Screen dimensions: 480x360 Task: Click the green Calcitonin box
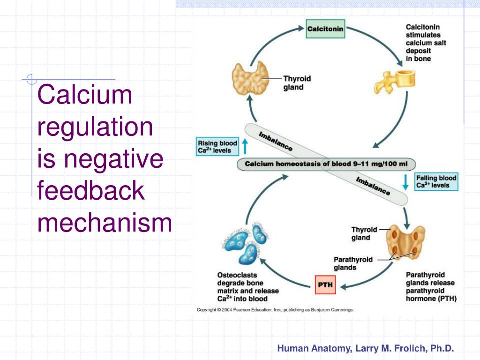tap(325, 29)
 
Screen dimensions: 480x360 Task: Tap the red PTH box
tap(325, 285)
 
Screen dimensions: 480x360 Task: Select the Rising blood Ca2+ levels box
tap(217, 147)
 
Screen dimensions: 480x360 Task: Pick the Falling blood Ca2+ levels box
tap(436, 181)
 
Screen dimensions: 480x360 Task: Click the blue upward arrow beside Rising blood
tap(245, 146)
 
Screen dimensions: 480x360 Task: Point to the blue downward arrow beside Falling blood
tap(405, 182)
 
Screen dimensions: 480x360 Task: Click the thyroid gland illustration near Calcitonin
tap(250, 78)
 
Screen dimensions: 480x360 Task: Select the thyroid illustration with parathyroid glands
tap(405, 242)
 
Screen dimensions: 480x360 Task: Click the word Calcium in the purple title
tap(84, 94)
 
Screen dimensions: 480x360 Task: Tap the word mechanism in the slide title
tap(105, 222)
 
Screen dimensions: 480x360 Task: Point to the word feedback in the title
tap(90, 190)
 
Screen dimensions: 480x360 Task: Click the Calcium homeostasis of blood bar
tap(326, 164)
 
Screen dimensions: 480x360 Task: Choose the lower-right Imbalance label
tap(373, 186)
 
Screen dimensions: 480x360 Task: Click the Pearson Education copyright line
tap(275, 310)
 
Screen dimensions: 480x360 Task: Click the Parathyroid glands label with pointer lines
tap(353, 263)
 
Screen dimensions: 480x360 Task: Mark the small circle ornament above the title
tap(31, 79)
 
